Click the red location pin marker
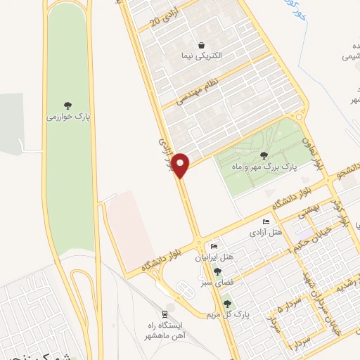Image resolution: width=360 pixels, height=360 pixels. coord(181,165)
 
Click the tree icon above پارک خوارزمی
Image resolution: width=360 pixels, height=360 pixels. coord(68,103)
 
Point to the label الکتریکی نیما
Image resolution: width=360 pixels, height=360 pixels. coord(202,56)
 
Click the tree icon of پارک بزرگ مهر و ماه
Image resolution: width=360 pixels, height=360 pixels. coord(264,155)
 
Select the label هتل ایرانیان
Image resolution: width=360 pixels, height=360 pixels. coord(214,258)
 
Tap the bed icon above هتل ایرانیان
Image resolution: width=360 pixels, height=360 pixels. coord(214,247)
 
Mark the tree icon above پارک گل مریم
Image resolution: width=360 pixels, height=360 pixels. coord(227,304)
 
